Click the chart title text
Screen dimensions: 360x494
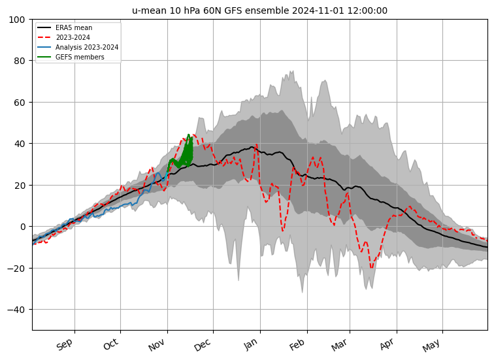coord(259,10)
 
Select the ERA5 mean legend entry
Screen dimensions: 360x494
coord(73,28)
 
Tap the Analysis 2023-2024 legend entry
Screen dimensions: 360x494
coord(82,48)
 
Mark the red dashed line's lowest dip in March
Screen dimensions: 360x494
coord(371,267)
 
